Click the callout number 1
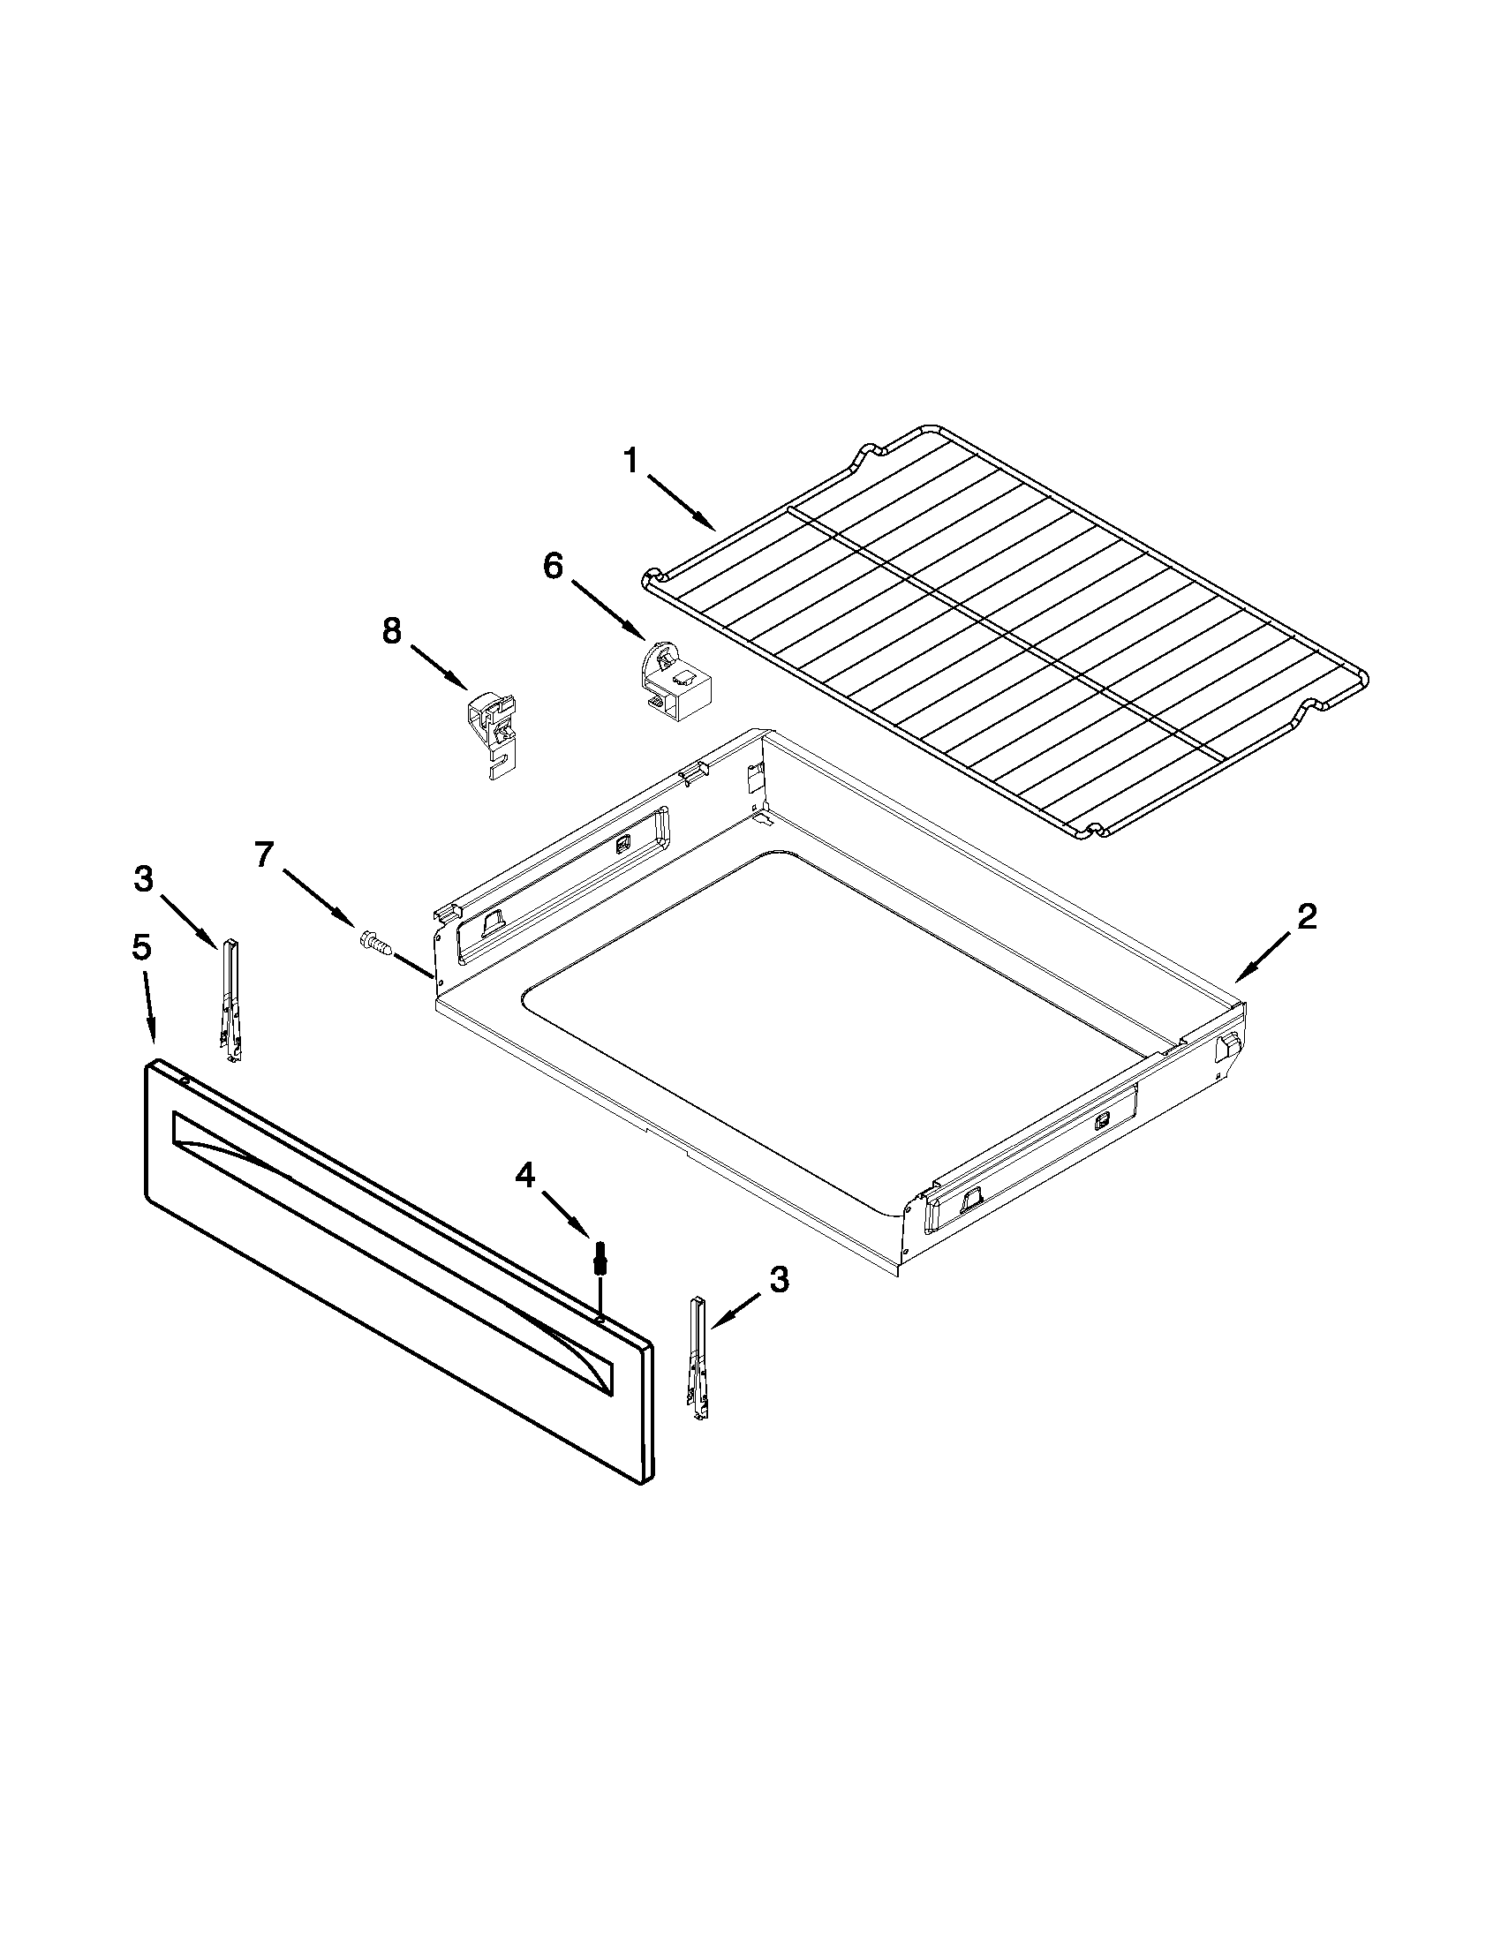point(630,463)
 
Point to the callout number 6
point(553,566)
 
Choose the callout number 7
point(264,854)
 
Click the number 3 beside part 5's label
point(143,879)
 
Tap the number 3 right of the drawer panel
point(778,1281)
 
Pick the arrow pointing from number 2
point(1263,957)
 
